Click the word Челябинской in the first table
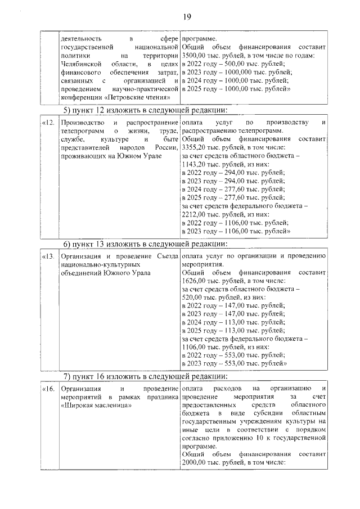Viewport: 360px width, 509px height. (x=82, y=65)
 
